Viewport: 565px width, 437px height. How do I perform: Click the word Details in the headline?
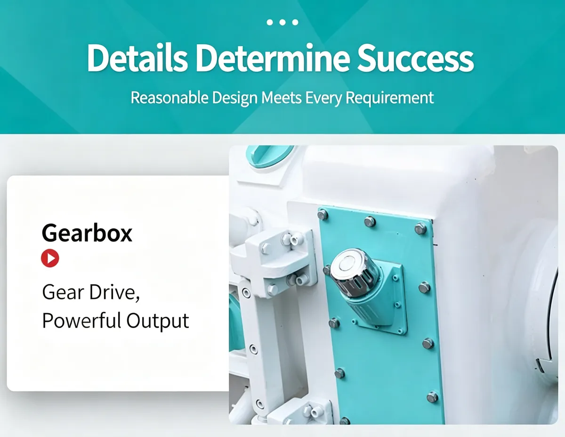pyautogui.click(x=137, y=58)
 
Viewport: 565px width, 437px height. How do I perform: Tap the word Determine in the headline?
pyautogui.click(x=273, y=58)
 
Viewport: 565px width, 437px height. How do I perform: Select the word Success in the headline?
pyautogui.click(x=415, y=58)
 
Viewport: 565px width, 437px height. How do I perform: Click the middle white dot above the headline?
pyautogui.click(x=282, y=22)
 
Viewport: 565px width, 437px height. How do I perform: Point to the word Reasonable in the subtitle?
pyautogui.click(x=169, y=98)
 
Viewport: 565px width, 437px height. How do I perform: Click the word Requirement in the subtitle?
pyautogui.click(x=389, y=98)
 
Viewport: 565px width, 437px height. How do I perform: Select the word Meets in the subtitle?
pyautogui.click(x=281, y=98)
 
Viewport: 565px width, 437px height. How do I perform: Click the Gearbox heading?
pyautogui.click(x=87, y=233)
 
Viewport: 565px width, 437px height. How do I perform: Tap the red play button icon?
pyautogui.click(x=50, y=258)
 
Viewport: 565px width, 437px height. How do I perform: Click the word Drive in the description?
pyautogui.click(x=114, y=292)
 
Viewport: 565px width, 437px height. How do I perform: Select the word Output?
pyautogui.click(x=158, y=321)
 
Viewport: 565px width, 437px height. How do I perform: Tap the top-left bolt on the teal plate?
pyautogui.click(x=323, y=214)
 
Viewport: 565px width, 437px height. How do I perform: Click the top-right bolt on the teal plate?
pyautogui.click(x=420, y=229)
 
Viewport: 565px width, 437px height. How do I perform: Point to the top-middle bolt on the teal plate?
pyautogui.click(x=370, y=222)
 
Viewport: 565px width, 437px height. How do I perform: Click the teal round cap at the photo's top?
pyautogui.click(x=269, y=155)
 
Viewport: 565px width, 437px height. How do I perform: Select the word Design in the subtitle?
pyautogui.click(x=235, y=98)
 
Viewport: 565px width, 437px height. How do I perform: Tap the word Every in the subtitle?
pyautogui.click(x=323, y=98)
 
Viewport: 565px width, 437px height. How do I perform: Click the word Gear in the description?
pyautogui.click(x=64, y=292)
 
